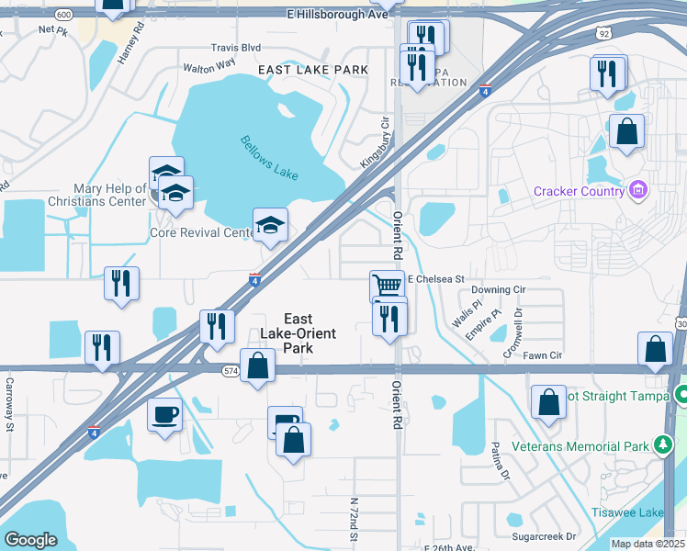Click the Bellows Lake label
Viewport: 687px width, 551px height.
click(271, 153)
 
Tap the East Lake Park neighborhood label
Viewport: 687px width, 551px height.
click(313, 70)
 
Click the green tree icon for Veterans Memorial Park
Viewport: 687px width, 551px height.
click(661, 445)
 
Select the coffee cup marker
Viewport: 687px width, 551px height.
click(164, 414)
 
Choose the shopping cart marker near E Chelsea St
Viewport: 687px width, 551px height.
click(387, 286)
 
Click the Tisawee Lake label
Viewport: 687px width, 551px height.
click(648, 512)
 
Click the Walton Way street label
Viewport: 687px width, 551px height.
click(209, 66)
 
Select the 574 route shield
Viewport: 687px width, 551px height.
click(231, 369)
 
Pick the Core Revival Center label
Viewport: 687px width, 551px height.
click(202, 232)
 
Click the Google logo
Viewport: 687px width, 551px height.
click(30, 540)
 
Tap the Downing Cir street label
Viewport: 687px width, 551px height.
click(498, 289)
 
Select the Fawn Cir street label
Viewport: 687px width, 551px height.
click(543, 355)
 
